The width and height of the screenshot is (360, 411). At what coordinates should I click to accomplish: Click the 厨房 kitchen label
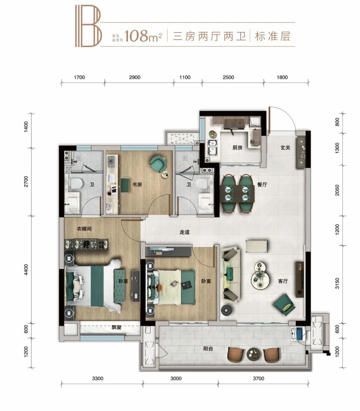(x=237, y=148)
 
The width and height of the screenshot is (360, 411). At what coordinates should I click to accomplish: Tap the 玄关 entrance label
(x=285, y=147)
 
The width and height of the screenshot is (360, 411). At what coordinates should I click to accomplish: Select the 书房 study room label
(x=137, y=184)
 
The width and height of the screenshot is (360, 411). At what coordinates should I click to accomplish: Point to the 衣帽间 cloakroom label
(x=84, y=229)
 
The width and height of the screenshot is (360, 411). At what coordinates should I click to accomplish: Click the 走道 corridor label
(x=184, y=232)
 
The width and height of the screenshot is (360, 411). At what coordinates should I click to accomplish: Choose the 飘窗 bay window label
(x=116, y=328)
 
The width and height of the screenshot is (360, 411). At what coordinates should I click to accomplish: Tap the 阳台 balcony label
(x=208, y=349)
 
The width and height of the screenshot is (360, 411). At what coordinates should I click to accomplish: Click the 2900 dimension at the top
(x=134, y=77)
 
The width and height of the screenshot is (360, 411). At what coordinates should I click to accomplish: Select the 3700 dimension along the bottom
(x=258, y=378)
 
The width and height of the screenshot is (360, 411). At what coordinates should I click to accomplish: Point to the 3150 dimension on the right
(x=337, y=283)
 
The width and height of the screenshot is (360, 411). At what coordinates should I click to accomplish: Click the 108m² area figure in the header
(x=143, y=36)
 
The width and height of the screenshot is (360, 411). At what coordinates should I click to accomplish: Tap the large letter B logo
(x=88, y=26)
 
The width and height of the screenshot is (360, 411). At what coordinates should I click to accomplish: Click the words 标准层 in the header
(x=272, y=36)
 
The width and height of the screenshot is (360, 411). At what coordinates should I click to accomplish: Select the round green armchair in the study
(x=158, y=163)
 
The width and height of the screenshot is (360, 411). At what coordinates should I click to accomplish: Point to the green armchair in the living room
(x=283, y=304)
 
